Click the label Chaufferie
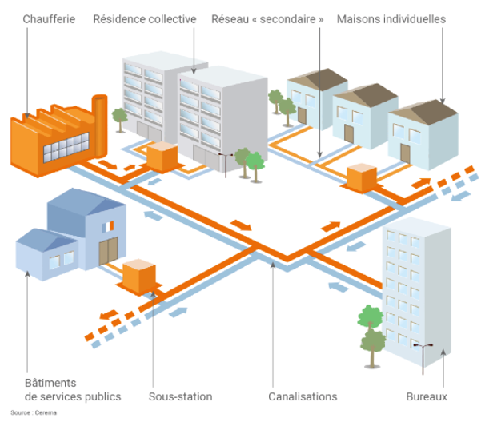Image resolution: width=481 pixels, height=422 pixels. [50, 18]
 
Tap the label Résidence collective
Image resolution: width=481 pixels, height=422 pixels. [144, 18]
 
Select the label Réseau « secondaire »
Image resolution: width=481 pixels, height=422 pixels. [268, 18]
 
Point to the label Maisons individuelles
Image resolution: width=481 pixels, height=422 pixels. [391, 18]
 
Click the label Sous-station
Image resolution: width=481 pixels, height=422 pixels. [181, 396]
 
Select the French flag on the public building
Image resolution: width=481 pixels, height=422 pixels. [107, 229]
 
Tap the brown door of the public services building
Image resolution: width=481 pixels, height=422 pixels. [108, 250]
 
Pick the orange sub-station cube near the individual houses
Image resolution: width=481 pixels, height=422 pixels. [360, 177]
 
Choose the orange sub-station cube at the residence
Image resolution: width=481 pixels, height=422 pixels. [161, 155]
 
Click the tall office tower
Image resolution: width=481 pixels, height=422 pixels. [412, 288]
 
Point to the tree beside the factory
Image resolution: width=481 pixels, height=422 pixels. [120, 117]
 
